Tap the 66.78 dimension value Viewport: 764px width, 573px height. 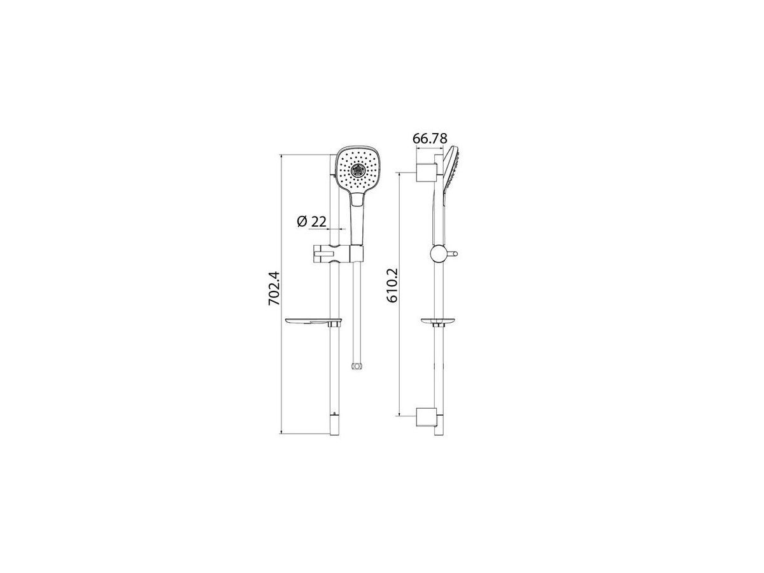[x=430, y=138]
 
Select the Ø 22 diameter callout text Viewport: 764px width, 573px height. [x=312, y=222]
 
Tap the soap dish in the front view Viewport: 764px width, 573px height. [x=313, y=322]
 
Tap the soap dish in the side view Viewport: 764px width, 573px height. [x=438, y=322]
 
